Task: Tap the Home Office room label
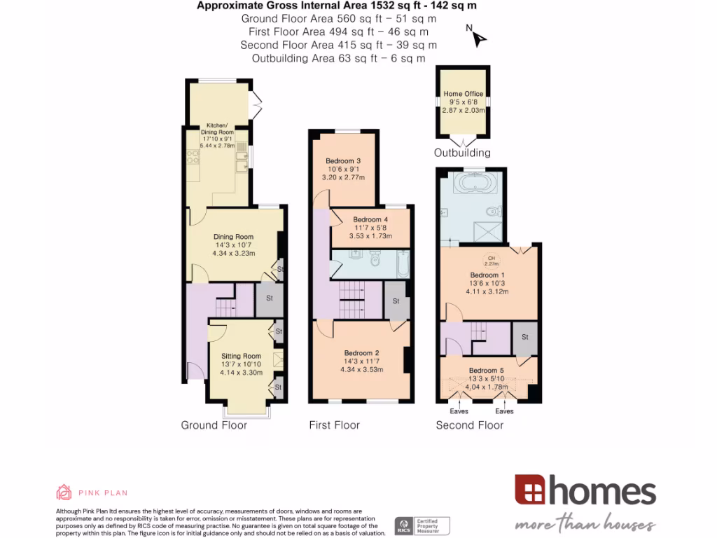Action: [x=463, y=94]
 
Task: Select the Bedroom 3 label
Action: [x=342, y=161]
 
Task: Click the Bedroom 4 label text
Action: [x=370, y=219]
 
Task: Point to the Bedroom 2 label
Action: [x=361, y=353]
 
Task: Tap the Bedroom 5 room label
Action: [x=486, y=371]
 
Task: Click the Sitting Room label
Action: [x=241, y=356]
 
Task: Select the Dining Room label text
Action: [x=233, y=237]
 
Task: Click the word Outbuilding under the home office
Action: [x=462, y=153]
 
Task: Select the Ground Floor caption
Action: [x=214, y=425]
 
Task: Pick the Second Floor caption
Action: [x=469, y=425]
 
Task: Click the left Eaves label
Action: [x=459, y=411]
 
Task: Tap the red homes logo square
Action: [x=530, y=490]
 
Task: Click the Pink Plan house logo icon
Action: [x=64, y=492]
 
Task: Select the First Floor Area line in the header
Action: [x=338, y=32]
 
